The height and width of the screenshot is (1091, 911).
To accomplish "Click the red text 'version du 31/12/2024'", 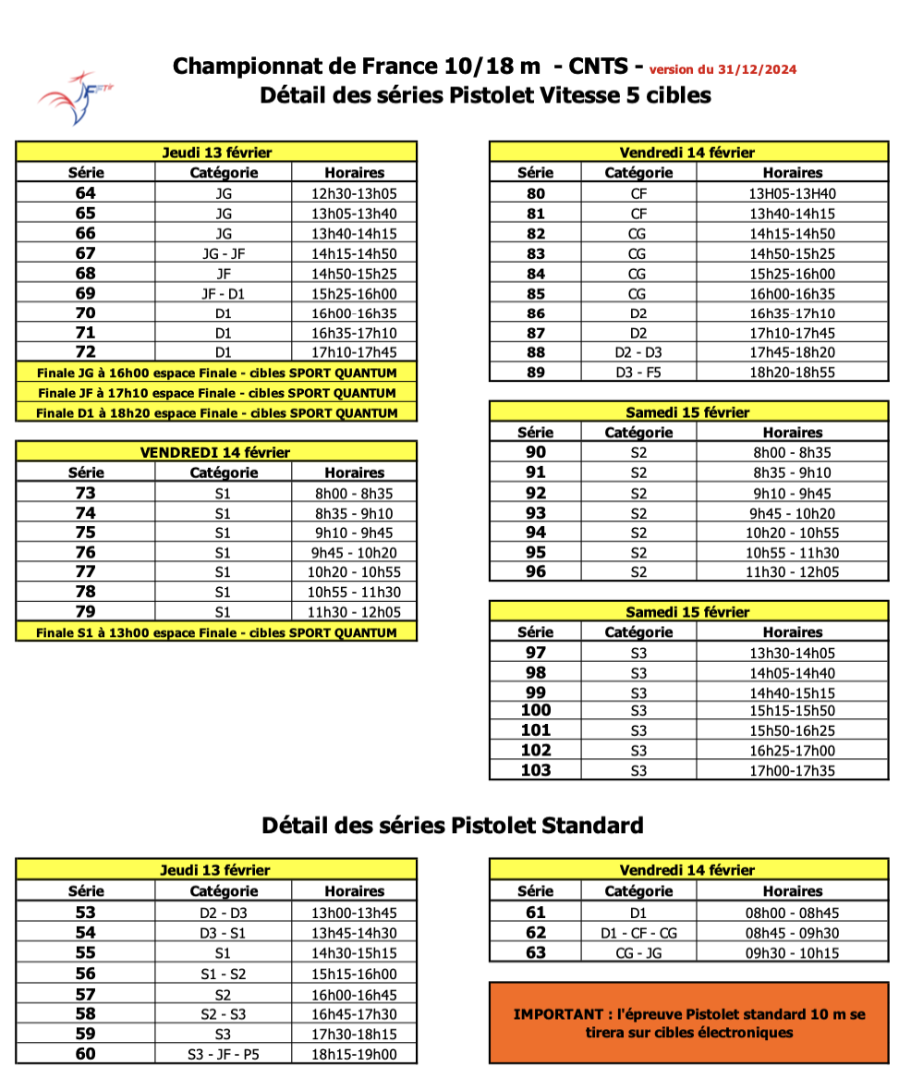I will pos(723,69).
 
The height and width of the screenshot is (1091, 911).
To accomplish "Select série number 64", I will pos(86,193).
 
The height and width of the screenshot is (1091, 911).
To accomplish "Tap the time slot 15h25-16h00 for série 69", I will pos(354,292).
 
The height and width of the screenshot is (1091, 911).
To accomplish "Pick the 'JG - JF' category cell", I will pos(223,252).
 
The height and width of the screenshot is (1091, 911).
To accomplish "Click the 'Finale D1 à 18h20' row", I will pos(216,412).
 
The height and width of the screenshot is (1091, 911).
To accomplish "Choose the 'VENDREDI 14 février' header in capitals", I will pos(215,452).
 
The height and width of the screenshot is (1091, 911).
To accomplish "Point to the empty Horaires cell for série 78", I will pos(354,593).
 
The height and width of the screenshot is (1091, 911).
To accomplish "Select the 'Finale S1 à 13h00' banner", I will pos(216,632).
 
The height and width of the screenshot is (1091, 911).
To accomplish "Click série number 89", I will pos(535,372).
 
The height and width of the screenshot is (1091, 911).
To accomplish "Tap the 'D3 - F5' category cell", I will pos(638,372).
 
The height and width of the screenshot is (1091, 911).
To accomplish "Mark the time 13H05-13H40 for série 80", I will pos(792,193).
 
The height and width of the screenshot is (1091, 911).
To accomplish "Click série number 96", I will pos(535,571).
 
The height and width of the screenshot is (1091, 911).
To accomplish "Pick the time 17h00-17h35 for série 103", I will pos(792,770).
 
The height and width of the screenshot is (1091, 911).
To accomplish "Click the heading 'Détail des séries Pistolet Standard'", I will pos(452,825).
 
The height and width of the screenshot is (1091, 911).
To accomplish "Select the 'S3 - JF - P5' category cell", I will pos(223,1054).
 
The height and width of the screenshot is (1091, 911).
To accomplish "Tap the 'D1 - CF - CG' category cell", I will pos(638,933).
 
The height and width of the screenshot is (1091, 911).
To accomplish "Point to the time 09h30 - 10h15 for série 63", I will pos(792,952).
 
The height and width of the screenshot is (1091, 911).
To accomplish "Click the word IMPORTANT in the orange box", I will pos(554,1014).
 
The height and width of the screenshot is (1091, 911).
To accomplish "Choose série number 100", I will pos(535,710).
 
